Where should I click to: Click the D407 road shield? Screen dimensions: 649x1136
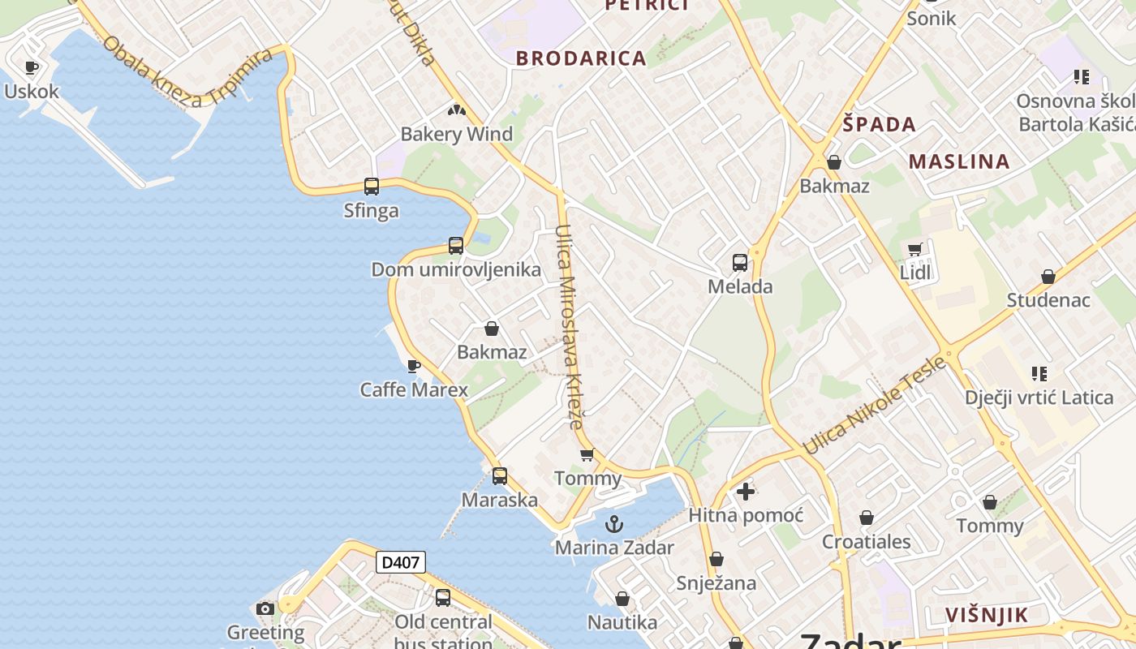coord(401,562)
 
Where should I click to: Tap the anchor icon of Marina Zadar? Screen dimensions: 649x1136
coord(614,524)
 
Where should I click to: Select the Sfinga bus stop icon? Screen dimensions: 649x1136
coord(372,187)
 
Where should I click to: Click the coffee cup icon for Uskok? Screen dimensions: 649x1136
coord(32,68)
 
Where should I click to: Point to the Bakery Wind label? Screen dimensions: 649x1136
coord(457,134)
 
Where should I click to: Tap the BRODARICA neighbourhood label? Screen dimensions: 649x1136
coord(581,58)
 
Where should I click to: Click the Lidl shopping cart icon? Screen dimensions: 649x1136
coord(915,250)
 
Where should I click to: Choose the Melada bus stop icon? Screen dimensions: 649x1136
coord(740,263)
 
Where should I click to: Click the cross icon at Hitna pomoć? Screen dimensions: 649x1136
coord(746,491)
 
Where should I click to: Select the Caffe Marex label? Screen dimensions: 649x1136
coord(414,389)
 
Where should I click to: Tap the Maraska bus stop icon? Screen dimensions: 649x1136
coord(500,476)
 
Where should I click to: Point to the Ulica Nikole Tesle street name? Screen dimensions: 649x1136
coord(875,406)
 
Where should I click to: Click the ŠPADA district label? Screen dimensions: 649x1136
coord(879,124)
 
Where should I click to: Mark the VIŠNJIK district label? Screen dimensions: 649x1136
coord(987,615)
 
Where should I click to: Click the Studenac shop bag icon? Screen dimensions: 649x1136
coord(1048,277)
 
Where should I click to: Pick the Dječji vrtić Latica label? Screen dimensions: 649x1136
coord(1039,398)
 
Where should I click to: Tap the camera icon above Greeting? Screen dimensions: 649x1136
coord(265,609)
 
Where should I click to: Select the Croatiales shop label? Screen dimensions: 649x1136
coord(866,542)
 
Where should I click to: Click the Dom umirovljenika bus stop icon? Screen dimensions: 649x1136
coord(456,246)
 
